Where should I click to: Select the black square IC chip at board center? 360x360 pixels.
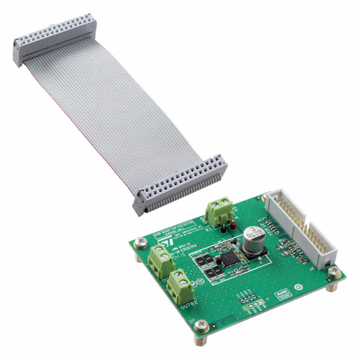(228, 259)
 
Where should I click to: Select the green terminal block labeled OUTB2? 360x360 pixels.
(179, 286)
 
